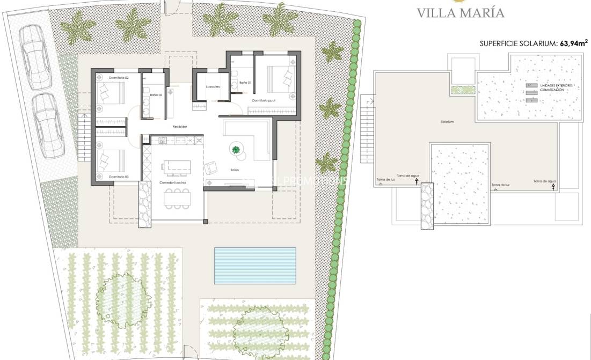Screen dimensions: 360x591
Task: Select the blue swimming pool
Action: [x=262, y=265]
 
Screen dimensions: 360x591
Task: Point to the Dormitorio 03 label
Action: [x=119, y=177]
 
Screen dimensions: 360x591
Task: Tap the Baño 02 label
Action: [x=149, y=95]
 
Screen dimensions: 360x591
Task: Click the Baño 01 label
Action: [x=245, y=83]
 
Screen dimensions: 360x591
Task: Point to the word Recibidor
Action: [x=179, y=127]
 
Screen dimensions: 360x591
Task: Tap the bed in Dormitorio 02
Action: [x=111, y=94]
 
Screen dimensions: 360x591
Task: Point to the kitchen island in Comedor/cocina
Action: [x=177, y=164]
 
